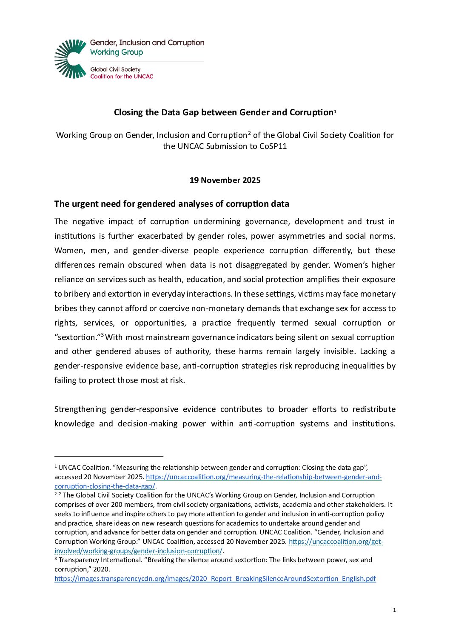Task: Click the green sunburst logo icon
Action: [71, 59]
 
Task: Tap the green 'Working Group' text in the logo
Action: [117, 52]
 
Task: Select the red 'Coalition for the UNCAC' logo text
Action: [122, 77]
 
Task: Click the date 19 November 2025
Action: [225, 180]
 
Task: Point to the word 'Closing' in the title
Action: [128, 112]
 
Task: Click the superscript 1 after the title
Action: [335, 111]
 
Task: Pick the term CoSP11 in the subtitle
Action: [273, 146]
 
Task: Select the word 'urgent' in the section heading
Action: [85, 204]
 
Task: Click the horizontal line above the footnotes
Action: [109, 456]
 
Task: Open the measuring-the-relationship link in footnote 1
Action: [264, 477]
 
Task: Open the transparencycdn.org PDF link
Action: [215, 579]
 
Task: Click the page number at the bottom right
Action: [394, 610]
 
